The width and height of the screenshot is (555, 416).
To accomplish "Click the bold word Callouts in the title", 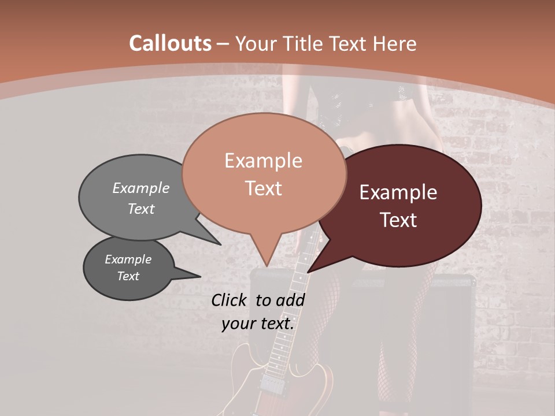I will point(170,43).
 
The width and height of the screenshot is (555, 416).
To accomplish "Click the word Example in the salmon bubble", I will point(263,161).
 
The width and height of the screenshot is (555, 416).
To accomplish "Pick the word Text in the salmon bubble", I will point(263,188).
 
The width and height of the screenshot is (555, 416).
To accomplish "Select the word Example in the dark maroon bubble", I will point(398,192).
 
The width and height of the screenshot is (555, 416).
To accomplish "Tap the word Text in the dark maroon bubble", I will point(399,220).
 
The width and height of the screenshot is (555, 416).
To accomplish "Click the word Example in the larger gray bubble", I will point(141,188).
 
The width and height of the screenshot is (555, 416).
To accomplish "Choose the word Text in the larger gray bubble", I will point(141,209).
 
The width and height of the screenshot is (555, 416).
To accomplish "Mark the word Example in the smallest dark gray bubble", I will point(128,259).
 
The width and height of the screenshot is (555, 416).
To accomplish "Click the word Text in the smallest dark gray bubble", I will point(128,276).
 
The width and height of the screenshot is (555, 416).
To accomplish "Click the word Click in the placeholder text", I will point(231,300).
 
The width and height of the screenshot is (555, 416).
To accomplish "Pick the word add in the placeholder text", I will point(290,300).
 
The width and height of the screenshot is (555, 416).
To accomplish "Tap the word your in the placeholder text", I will point(238,324).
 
